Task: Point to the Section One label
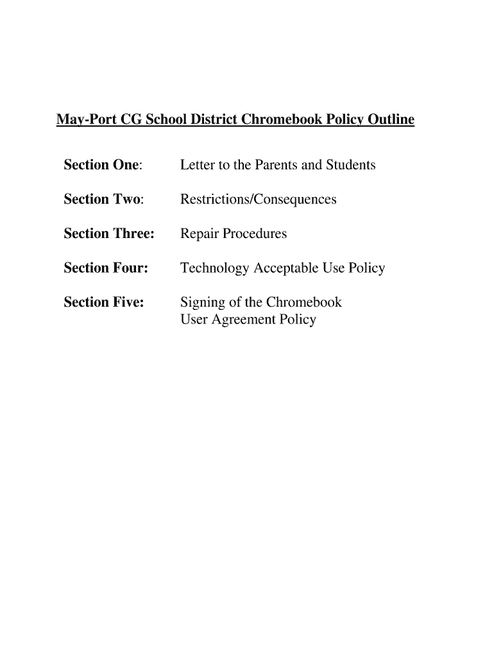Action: coord(103,165)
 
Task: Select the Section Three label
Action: coord(109,234)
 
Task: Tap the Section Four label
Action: coord(106,268)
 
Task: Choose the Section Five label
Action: coord(104,302)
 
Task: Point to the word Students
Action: coord(351,165)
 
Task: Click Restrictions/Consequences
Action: coord(258,200)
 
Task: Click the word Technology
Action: coord(215,269)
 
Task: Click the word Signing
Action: coord(201,303)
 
